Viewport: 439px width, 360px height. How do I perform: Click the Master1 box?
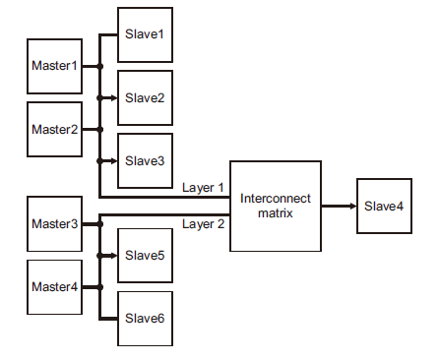pos(54,67)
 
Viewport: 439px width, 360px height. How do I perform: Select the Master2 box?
pos(54,129)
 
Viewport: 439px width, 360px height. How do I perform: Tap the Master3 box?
pos(54,224)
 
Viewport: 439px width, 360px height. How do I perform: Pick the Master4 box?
pos(54,287)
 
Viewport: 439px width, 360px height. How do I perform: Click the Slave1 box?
pos(145,34)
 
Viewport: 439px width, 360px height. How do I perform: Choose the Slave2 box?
pos(145,97)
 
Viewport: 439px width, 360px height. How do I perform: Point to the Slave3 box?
pos(145,160)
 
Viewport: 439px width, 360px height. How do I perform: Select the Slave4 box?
pos(384,206)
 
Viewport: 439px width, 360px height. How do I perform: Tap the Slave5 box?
pos(145,255)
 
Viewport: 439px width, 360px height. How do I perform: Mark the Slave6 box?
pos(145,318)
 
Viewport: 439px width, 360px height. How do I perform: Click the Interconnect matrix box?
pos(276,206)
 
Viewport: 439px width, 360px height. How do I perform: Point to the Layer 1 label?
pos(204,187)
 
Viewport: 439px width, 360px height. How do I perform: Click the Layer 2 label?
pos(204,224)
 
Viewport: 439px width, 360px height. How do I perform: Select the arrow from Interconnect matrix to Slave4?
pos(339,206)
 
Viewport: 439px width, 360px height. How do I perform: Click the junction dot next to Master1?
pos(100,67)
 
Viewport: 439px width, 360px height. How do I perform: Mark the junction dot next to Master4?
pos(100,287)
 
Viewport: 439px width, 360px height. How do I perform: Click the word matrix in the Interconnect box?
pos(276,212)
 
